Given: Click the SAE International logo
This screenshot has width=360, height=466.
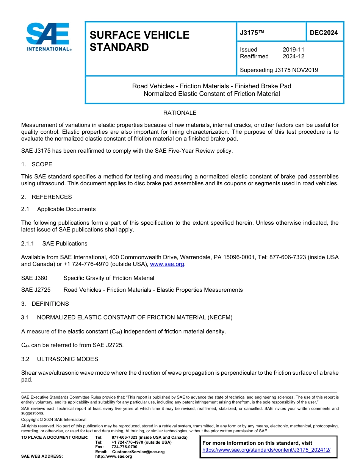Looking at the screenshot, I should pos(49,37).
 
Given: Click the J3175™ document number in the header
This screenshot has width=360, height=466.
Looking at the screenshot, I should pos(252,33).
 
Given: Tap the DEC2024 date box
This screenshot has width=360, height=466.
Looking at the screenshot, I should pos(324,33).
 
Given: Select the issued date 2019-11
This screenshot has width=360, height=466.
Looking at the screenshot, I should pos(293,50).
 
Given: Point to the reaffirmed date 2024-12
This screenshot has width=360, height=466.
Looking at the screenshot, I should pos(293,56).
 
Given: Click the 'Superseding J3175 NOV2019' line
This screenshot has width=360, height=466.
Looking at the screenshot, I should pos(279,70).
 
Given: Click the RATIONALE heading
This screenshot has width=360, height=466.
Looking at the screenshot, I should pos(180,113).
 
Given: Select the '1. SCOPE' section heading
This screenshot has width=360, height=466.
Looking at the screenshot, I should pos(37,164).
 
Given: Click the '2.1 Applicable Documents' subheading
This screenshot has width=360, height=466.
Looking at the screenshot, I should pos(59,209).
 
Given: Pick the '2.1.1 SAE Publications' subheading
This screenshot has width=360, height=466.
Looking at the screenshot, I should pos(55,244).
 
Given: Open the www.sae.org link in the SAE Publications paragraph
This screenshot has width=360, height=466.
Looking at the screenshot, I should pos(167,264).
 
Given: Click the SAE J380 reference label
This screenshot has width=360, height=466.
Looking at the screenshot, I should pos(34,278).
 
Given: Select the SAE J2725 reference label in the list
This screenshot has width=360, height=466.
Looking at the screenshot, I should pos(36,290).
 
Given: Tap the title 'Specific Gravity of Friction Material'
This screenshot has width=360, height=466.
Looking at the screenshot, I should pos(109,278).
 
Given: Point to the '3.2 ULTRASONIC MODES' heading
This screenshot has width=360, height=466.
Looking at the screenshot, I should pos(60,359).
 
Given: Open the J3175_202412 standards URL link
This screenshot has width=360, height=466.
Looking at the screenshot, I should pos(266,450).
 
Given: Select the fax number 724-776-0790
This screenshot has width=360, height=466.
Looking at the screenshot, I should pos(124,447).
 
